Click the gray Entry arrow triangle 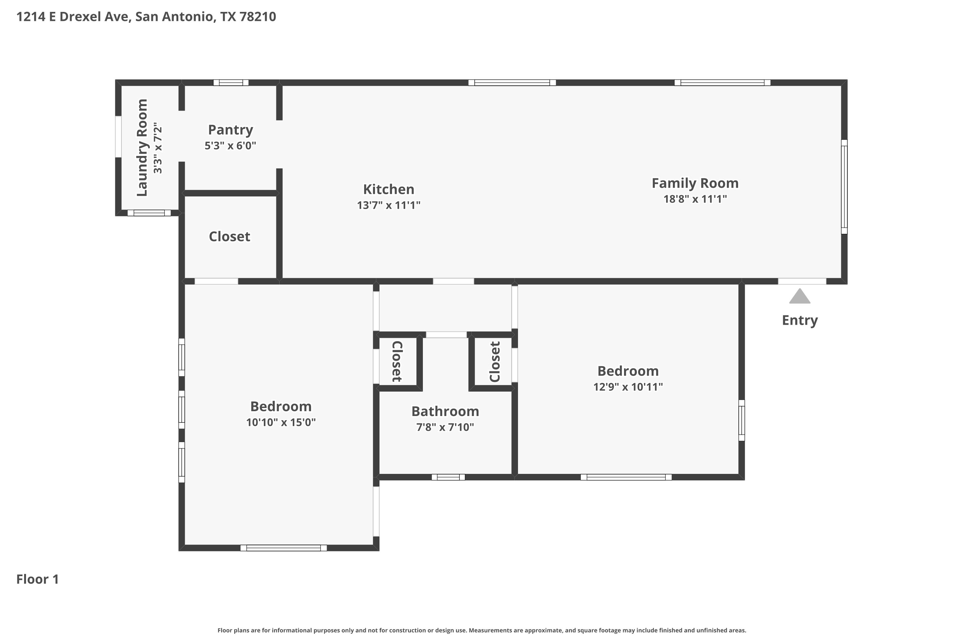click(x=800, y=296)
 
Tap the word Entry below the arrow click(x=800, y=320)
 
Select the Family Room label click(x=695, y=183)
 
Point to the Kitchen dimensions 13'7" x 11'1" click(x=388, y=205)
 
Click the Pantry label click(x=230, y=130)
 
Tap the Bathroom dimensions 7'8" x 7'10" click(x=445, y=427)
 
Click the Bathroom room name click(x=445, y=411)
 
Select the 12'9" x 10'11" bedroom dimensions click(x=628, y=387)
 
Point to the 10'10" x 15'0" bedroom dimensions click(x=281, y=422)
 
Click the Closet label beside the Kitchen click(x=229, y=237)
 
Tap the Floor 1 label click(x=38, y=579)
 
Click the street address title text click(x=146, y=17)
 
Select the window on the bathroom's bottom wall click(x=448, y=477)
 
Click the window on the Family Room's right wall click(x=844, y=186)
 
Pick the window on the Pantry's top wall click(x=231, y=82)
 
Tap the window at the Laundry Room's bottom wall click(x=149, y=213)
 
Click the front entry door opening click(x=802, y=281)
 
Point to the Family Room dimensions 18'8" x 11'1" click(x=695, y=199)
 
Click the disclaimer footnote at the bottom click(x=482, y=630)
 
